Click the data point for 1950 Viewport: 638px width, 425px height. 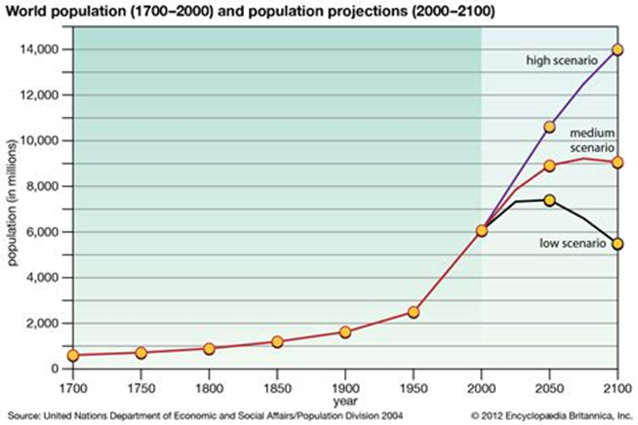(414, 312)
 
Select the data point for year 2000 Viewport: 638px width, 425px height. (482, 231)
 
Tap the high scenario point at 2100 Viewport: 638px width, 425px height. (618, 49)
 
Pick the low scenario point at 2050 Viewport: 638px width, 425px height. (549, 200)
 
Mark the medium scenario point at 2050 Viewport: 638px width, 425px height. (549, 166)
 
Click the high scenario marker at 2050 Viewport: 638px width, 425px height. (549, 127)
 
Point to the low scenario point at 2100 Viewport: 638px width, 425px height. (618, 244)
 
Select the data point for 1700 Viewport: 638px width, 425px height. (72, 355)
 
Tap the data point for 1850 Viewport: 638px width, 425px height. (277, 342)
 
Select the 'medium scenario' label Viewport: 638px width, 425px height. (591, 138)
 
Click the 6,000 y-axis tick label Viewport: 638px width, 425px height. (43, 232)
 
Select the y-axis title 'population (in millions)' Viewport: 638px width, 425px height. (13, 210)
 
